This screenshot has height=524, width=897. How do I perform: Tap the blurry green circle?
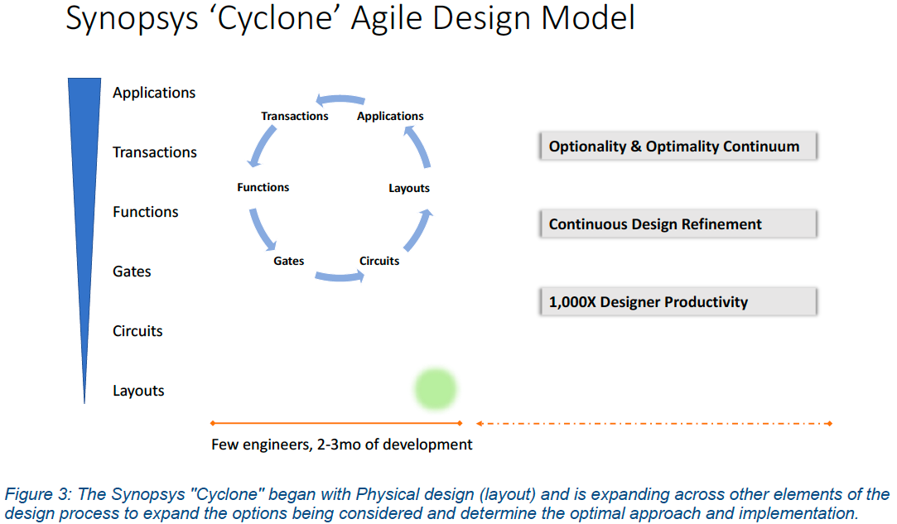436,388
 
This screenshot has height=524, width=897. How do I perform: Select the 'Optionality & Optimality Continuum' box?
678,147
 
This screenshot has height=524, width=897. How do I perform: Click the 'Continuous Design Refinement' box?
678,224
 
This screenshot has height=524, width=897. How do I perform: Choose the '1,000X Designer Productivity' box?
678,302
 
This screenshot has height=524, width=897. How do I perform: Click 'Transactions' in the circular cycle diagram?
295,116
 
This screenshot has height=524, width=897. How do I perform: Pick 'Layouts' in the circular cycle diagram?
409,188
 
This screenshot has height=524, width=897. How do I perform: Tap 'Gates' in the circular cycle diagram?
289,261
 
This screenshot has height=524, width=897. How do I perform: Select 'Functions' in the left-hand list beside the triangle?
146,212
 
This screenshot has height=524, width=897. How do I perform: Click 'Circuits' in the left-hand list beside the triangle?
137,331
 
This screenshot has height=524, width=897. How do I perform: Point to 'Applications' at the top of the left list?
154,93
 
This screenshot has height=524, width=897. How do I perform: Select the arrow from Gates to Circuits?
340,276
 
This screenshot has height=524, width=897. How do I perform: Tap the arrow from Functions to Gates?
261,228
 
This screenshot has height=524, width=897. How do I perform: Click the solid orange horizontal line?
335,423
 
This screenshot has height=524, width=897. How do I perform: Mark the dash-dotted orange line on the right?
654,423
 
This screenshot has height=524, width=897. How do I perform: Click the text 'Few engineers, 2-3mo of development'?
342,445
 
